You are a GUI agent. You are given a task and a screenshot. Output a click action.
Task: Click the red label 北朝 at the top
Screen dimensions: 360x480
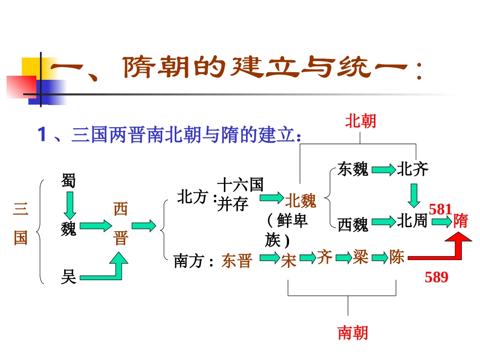click(361, 121)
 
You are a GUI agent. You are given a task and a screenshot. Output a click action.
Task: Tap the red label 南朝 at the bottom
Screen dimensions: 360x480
click(353, 332)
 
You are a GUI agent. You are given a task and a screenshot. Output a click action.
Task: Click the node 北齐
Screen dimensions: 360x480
click(412, 169)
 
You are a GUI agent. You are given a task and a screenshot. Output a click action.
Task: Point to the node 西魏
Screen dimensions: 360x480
click(353, 224)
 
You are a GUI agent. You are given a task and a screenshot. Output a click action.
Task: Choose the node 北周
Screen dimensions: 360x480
click(412, 221)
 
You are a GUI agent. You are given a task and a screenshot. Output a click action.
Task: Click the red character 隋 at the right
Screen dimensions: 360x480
click(461, 221)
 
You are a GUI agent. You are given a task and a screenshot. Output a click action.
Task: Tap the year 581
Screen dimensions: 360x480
click(440, 209)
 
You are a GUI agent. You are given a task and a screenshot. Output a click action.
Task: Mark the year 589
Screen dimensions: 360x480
click(437, 277)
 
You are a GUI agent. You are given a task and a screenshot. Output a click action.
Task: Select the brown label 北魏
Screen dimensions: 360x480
click(301, 201)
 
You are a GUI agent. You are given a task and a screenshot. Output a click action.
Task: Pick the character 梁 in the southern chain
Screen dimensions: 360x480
click(360, 258)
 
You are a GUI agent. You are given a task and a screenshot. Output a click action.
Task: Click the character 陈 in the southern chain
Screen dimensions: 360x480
click(397, 258)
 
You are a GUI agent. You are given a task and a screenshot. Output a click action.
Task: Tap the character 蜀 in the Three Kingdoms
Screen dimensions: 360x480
click(68, 180)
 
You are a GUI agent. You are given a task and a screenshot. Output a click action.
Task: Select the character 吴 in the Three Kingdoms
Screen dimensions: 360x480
click(69, 276)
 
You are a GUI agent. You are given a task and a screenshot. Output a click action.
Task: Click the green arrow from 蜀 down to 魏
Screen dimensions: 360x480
click(69, 205)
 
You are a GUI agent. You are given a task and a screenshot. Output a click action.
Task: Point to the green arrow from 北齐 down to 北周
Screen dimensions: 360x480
click(414, 195)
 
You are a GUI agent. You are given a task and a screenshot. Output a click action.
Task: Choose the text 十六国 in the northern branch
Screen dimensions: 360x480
click(240, 185)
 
